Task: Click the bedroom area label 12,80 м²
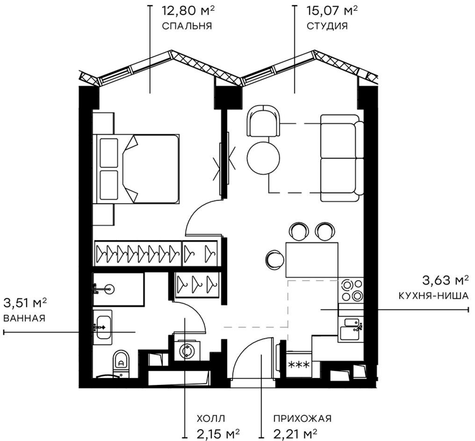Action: point(189,11)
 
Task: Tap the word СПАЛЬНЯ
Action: point(187,26)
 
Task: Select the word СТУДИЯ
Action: point(327,26)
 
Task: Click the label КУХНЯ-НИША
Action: point(433,295)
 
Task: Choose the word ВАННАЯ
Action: point(24,318)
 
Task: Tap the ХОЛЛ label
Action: point(211,418)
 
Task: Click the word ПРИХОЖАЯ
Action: point(302,418)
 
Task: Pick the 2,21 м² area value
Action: point(295,434)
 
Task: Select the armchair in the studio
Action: point(264,121)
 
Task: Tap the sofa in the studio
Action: point(342,158)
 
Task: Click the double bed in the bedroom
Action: point(136,169)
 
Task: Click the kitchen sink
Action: point(351,329)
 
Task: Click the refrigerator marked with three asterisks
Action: point(298,365)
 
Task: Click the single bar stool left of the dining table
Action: point(276,259)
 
